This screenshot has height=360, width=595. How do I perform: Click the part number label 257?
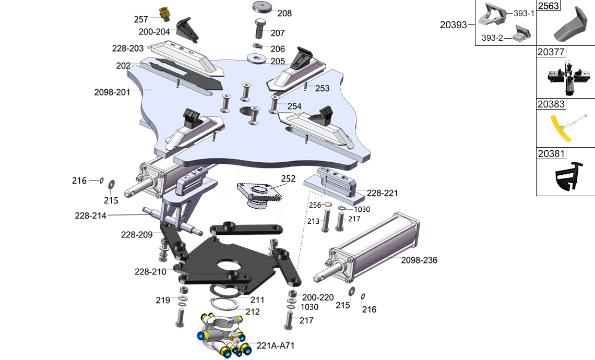[141, 20]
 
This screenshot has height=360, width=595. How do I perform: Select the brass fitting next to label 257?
[164, 15]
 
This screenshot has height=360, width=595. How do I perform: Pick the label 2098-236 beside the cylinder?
[420, 260]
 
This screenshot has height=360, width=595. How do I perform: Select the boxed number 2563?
[549, 6]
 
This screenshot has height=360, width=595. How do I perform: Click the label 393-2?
[493, 38]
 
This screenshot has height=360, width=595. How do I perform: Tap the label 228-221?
[383, 193]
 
